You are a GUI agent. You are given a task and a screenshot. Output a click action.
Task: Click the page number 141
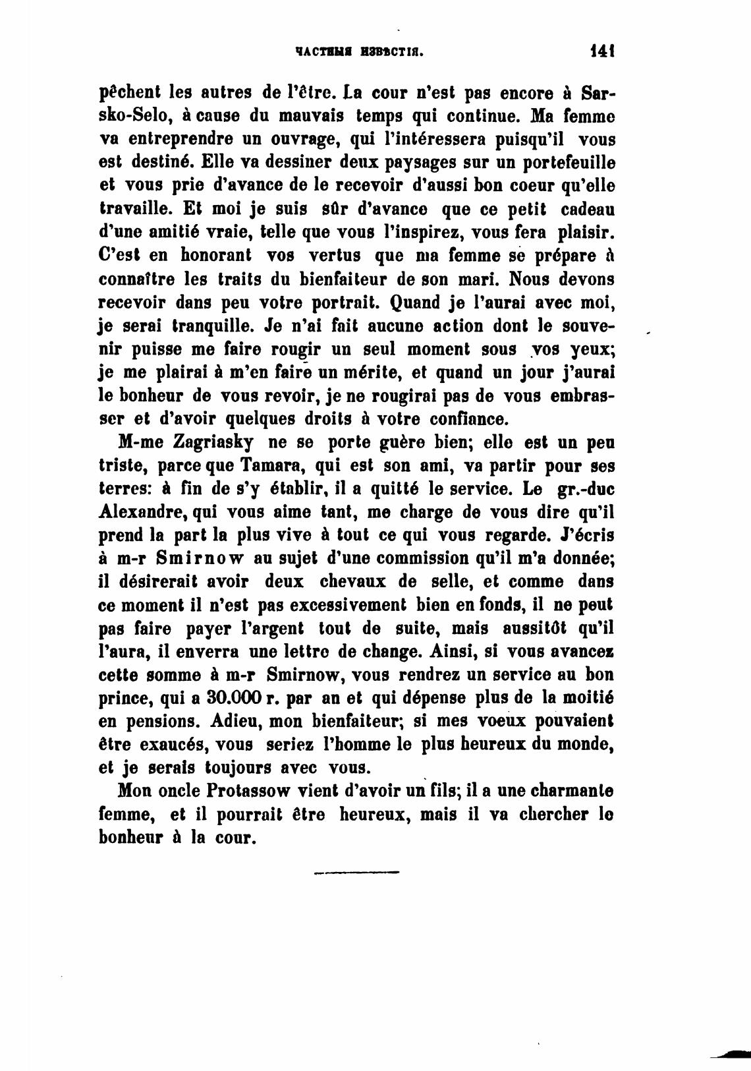tap(602, 50)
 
